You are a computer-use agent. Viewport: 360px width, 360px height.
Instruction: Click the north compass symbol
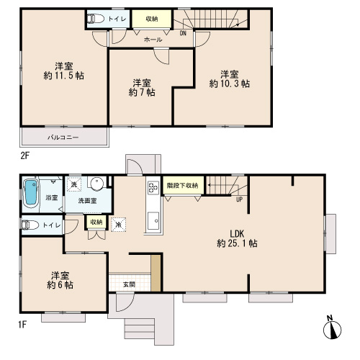pos(332,328)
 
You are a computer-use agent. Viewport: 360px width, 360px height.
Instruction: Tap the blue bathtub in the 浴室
pos(31,192)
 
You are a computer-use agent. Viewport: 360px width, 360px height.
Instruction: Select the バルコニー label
pos(63,138)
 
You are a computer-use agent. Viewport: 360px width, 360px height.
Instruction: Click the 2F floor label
pos(24,156)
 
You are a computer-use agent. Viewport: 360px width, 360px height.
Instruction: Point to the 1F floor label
pos(22,325)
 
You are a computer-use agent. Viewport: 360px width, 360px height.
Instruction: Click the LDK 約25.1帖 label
pos(237,238)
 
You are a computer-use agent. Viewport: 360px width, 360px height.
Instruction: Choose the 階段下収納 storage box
pos(184,185)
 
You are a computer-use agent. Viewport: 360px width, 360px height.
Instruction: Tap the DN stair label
pos(183,33)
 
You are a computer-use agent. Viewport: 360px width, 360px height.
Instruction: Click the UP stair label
pos(239,199)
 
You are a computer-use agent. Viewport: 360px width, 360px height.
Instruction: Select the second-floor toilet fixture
pos(95,19)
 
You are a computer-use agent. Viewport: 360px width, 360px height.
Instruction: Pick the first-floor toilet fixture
pos(30,225)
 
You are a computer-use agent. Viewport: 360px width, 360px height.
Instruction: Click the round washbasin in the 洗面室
pos(97,183)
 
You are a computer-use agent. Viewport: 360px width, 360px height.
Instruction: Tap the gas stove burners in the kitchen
pos(153,188)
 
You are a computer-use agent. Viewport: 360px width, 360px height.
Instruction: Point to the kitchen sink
pos(153,220)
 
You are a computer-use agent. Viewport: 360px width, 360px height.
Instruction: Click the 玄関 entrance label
pos(129,284)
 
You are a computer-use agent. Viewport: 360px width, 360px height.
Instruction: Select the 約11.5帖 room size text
pos(64,76)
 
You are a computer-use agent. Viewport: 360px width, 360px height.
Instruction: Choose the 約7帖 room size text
pos(142,92)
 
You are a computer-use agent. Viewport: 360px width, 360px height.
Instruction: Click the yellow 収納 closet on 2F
pos(152,19)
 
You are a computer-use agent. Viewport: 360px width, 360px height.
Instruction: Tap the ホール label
pos(153,40)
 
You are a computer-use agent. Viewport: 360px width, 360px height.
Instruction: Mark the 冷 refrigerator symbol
pos(119,225)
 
